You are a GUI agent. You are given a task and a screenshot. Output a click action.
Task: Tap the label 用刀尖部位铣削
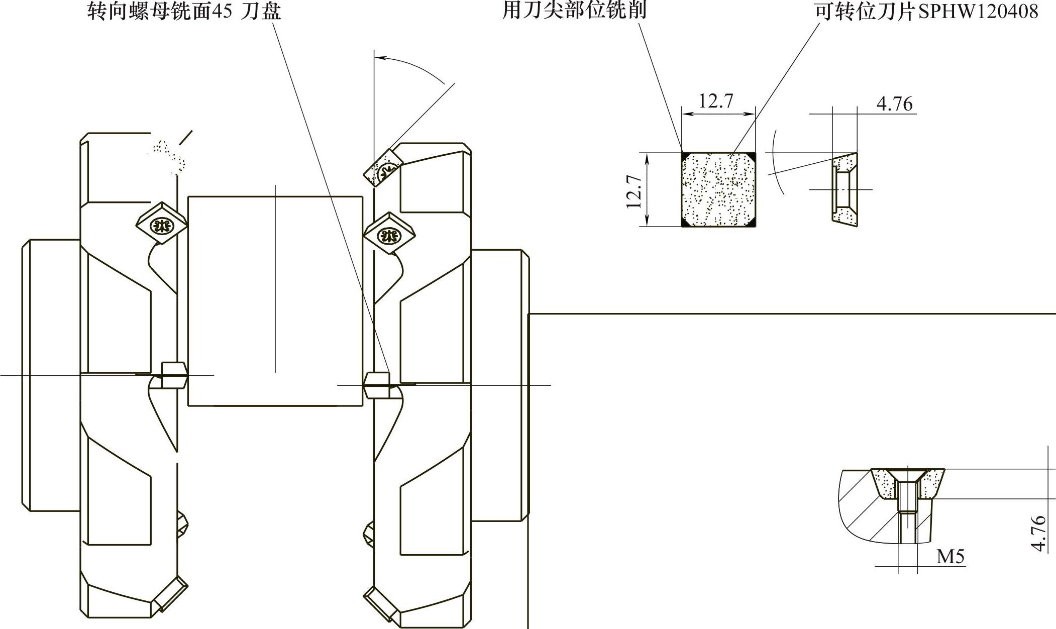(574, 10)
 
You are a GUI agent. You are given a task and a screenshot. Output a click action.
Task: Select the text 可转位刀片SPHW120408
(926, 11)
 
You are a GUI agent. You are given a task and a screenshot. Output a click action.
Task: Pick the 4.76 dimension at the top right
(894, 103)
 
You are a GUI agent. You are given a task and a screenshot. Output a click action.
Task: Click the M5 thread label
(951, 557)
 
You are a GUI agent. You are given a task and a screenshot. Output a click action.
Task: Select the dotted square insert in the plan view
(718, 189)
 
